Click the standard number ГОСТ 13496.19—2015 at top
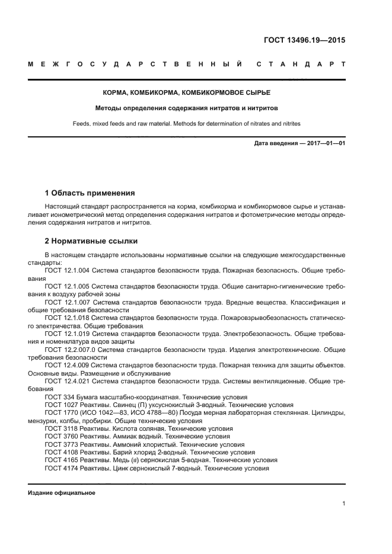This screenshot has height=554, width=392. pyautogui.click(x=304, y=41)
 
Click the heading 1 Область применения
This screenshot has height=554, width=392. pyautogui.click(x=90, y=193)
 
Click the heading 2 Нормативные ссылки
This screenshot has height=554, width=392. pyautogui.click(x=91, y=241)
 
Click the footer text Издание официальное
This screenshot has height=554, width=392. pyautogui.click(x=62, y=493)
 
